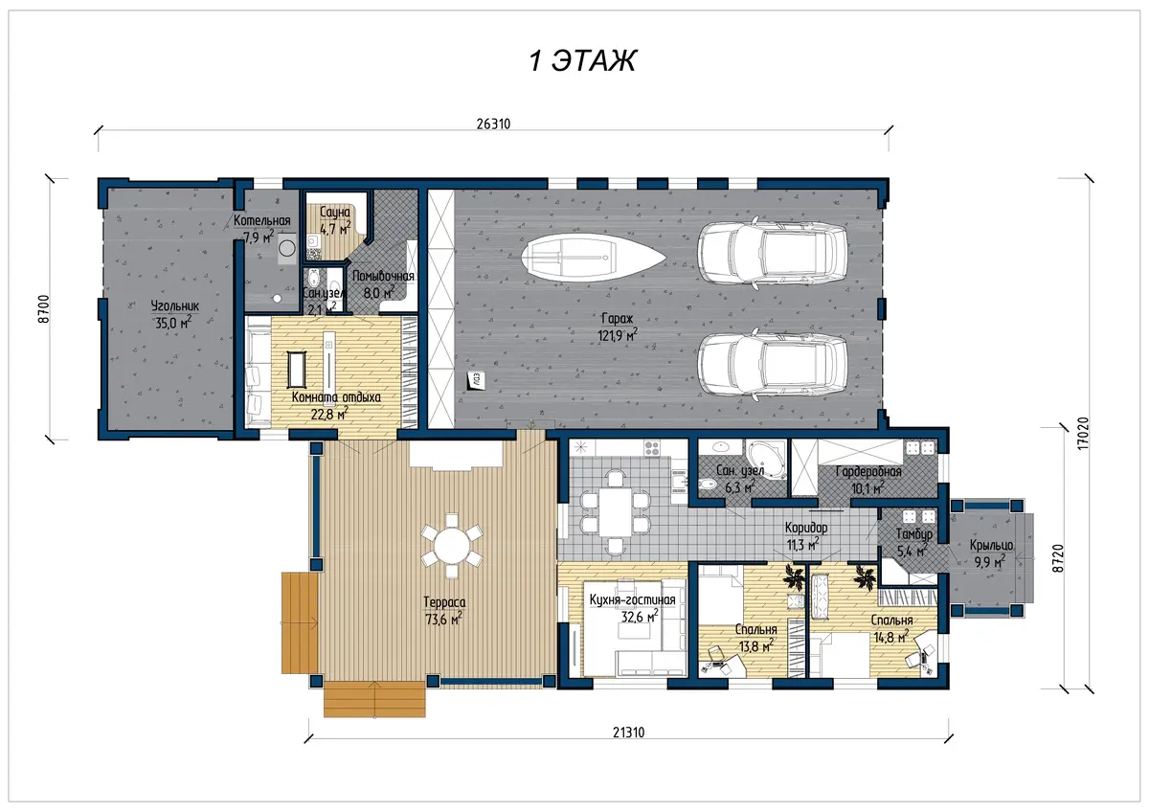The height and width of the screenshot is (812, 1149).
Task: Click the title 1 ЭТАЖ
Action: point(582,60)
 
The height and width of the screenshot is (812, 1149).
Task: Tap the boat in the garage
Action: point(594,257)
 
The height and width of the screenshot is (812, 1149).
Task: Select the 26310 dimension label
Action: point(493,124)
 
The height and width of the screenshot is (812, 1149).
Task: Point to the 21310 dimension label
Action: point(628,733)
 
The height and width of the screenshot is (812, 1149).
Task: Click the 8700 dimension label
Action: point(44,308)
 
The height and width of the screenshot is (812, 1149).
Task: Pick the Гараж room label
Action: point(617,319)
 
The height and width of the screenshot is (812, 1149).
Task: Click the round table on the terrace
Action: point(451,546)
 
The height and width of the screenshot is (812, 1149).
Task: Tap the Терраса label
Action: point(444,602)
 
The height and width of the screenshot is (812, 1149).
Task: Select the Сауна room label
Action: point(334,212)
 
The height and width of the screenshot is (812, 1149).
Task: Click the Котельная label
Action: point(261,220)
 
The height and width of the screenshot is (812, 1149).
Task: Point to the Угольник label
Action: point(174,305)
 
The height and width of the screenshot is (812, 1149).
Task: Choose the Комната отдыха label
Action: point(336,397)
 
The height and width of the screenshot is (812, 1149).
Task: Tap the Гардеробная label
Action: point(868,471)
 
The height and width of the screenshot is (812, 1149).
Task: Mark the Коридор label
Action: point(806,528)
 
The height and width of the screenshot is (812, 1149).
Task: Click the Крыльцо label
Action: point(991,545)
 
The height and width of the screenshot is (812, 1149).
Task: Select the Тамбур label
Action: point(914,534)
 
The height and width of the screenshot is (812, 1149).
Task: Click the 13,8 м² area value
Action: point(756,645)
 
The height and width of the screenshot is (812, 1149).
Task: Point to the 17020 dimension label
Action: point(1083,434)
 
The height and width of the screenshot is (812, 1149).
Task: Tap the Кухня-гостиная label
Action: point(632,599)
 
